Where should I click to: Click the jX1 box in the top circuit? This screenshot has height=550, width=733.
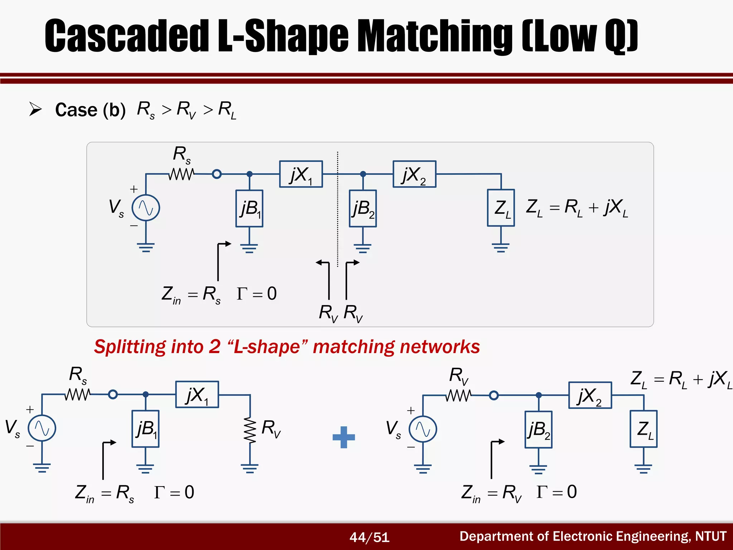301,174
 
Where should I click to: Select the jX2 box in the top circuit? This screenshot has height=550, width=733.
414,174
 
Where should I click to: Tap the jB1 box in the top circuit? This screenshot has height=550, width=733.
249,208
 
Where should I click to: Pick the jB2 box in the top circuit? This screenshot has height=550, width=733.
363,208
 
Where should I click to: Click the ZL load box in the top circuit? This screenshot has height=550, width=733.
501,208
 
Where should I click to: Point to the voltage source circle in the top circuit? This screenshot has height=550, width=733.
146,208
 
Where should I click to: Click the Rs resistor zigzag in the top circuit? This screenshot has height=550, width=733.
182,174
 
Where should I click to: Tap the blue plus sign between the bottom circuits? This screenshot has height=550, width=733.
344,437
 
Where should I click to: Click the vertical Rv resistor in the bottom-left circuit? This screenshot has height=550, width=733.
250,430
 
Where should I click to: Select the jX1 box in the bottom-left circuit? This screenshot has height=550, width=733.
197,394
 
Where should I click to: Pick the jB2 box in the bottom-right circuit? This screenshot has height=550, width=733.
538,430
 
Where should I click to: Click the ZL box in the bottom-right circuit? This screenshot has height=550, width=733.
644,429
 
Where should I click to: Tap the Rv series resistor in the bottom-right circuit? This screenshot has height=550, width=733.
459,395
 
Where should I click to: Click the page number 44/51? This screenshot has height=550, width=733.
369,537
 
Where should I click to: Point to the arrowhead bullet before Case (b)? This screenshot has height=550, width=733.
35,109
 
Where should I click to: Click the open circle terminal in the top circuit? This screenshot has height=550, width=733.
217,174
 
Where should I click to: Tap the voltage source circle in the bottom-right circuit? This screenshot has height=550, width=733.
423,429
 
